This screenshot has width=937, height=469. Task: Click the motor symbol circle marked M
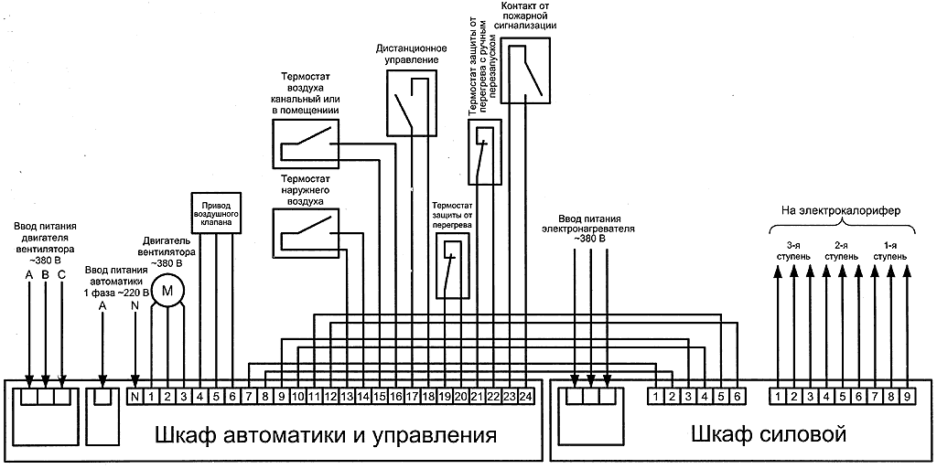pos(167,291)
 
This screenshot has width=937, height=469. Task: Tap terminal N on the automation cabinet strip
pos(135,397)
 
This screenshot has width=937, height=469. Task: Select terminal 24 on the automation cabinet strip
pos(525,397)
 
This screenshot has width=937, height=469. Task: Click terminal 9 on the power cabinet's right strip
pos(906,397)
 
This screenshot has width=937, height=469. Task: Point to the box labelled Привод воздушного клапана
pos(215,212)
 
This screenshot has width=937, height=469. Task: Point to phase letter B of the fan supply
pos(46,275)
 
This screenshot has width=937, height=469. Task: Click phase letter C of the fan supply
pos(61,275)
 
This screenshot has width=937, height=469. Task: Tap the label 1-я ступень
pos(889,251)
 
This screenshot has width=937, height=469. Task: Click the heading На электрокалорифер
pos(841,211)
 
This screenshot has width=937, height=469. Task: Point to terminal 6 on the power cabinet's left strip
pos(736,397)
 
